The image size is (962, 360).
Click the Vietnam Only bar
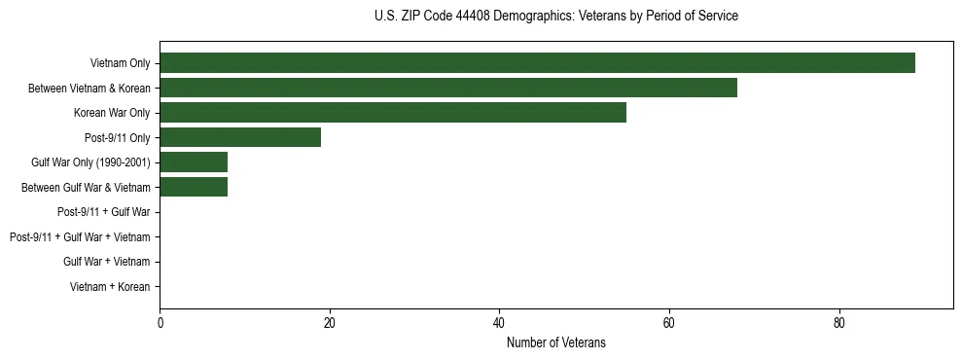pos(537,63)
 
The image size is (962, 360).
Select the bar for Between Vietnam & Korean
pos(448,88)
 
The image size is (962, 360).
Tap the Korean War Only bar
pos(393,113)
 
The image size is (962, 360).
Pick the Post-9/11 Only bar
pos(240,137)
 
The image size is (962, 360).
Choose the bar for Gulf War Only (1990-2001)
pos(194,162)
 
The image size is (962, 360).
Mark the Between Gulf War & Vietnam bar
pos(194,187)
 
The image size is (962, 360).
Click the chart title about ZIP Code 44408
pos(555,17)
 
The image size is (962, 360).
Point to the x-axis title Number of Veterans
pos(555,342)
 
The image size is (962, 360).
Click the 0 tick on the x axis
pos(160,324)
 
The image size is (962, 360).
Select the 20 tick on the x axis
pos(330,324)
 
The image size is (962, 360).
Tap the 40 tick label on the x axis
pos(499,324)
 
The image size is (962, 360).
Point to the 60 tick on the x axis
pos(669,324)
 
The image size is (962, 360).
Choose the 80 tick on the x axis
pos(838,324)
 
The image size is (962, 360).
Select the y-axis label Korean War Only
pos(113,113)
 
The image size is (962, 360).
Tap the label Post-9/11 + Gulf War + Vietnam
pos(80,237)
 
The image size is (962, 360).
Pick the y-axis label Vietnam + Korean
pos(110,287)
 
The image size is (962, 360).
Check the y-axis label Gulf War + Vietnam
pos(107,262)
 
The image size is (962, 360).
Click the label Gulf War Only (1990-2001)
pos(91,162)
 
